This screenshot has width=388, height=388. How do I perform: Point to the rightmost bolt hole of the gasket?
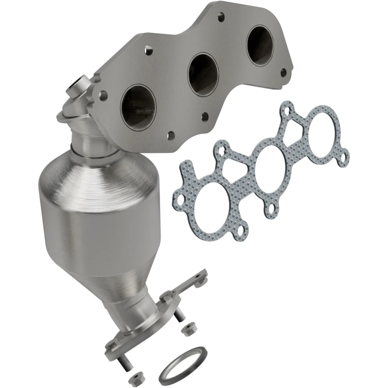345,157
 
